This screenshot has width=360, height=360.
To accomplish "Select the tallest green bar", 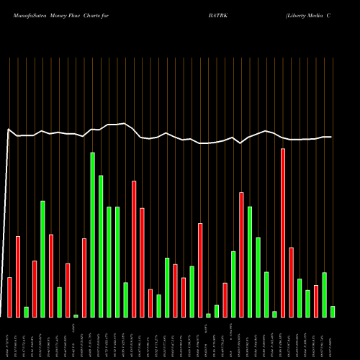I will coord(93,235).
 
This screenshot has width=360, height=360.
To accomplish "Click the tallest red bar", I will coord(283,233).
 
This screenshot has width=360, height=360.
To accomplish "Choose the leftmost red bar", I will coord(9,297).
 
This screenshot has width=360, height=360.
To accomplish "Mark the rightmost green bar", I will coord(333,311).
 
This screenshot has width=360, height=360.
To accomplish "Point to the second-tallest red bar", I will coord(134,248).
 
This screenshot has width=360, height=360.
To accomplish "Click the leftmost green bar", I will coord(26,312).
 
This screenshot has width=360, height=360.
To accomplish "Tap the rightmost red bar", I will coord(316,311).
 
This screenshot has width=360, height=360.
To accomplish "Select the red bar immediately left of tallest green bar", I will coord(84,277).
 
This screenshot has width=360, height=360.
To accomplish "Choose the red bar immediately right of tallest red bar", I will coord(292,282).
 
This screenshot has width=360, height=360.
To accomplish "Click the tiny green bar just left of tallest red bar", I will coord(274,314).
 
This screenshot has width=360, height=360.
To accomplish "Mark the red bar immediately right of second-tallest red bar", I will coord(143,262).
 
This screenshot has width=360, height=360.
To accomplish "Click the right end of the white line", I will coord(330,137).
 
